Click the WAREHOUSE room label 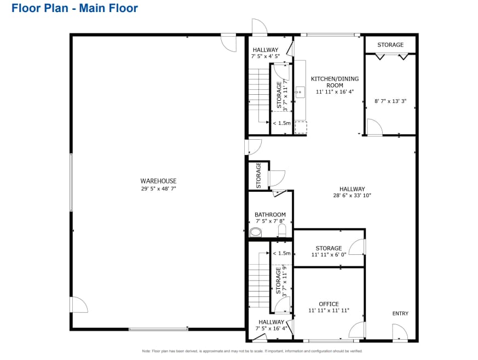point(158,181)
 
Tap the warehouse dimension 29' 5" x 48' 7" point(158,188)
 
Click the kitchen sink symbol point(300,92)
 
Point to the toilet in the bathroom point(255,232)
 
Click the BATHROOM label point(270,215)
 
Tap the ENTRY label point(400,313)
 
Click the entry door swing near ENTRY point(399,332)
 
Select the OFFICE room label point(329,304)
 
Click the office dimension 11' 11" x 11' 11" point(329,311)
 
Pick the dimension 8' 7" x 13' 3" point(390,101)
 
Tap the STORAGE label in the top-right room point(390,45)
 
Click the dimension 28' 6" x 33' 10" point(352,196)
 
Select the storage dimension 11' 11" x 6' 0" point(329,255)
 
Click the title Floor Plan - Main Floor point(74,8)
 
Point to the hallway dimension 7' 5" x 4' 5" point(266,56)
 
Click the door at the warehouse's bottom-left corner point(78,305)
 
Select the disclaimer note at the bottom point(252,351)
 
